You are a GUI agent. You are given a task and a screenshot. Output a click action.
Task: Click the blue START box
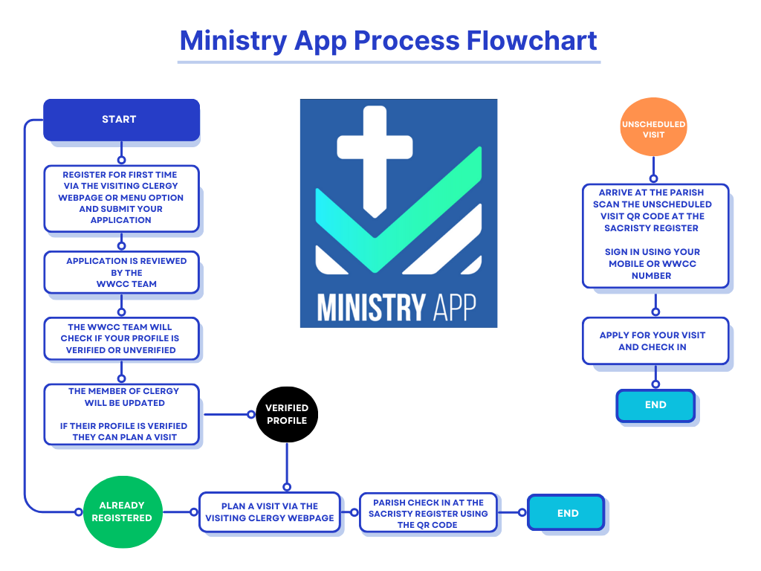click(x=121, y=120)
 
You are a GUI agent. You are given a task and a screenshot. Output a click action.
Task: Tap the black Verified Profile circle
click(x=286, y=414)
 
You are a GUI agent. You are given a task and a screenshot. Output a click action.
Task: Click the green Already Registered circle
click(x=122, y=512)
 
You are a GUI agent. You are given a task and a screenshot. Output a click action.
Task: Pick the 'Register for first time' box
click(x=121, y=198)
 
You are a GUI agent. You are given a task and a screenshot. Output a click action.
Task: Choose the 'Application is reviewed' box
click(x=121, y=272)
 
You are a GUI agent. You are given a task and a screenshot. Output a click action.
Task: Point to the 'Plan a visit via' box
click(x=269, y=512)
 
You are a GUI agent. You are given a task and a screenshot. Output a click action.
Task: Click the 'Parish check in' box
click(x=427, y=513)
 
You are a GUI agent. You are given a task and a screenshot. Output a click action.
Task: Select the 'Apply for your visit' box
click(x=655, y=341)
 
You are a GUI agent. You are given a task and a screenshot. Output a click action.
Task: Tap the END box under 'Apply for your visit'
click(x=655, y=406)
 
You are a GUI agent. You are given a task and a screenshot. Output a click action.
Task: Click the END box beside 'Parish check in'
click(x=566, y=512)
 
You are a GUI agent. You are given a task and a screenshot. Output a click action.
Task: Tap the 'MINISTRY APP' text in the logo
click(x=398, y=306)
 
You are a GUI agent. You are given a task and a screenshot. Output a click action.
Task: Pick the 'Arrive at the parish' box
click(x=655, y=234)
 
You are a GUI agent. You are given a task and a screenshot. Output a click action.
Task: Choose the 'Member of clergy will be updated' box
click(x=121, y=414)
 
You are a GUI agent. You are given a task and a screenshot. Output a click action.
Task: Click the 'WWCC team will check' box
click(x=121, y=338)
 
